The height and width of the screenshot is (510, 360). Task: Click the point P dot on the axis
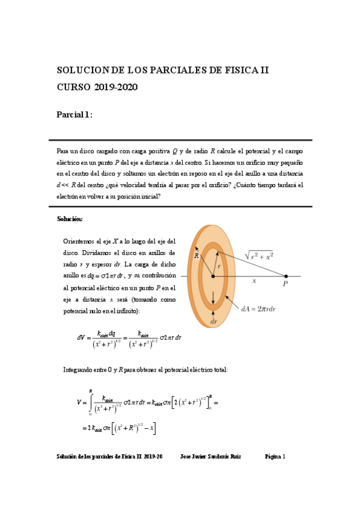[286, 277]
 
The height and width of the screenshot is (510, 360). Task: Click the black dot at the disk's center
[212, 277]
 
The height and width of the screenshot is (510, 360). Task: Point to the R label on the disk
[196, 256]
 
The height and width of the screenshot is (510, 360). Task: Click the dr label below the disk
[213, 322]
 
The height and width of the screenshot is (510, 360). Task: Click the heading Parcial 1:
[75, 115]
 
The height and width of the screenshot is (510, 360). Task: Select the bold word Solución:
[70, 218]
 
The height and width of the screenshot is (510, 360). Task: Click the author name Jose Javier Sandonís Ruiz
[210, 456]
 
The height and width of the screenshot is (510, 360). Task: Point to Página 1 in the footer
[275, 456]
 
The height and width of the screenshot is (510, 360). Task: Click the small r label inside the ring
[219, 265]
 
